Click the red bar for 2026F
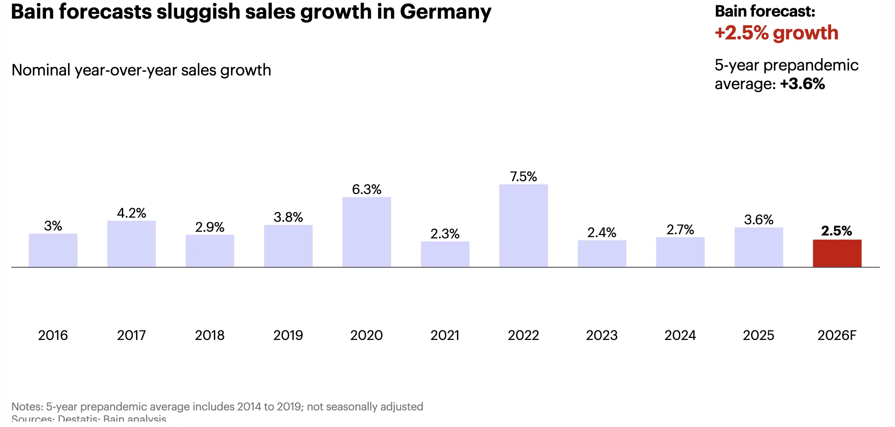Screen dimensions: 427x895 point(837,253)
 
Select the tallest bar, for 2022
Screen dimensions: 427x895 point(523,226)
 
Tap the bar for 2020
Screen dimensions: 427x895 point(367,232)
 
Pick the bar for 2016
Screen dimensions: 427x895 point(53,250)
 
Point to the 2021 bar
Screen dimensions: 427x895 point(445,254)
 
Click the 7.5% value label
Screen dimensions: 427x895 point(523,177)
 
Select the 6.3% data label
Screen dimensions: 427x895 point(367,189)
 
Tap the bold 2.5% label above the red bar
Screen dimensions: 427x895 point(837,231)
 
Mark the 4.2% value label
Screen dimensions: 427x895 point(131,213)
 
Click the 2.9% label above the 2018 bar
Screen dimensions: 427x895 point(210,227)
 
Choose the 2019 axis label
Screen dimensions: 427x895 point(288,335)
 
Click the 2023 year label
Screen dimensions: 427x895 point(602,335)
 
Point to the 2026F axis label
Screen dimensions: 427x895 point(837,335)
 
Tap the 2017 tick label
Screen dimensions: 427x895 point(131,335)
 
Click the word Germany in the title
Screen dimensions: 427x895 point(445,12)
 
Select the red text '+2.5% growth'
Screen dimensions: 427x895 point(776,33)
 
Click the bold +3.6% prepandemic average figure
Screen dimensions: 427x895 point(803,84)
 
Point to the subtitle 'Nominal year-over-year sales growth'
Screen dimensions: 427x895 point(141,70)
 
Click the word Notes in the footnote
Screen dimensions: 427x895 point(27,407)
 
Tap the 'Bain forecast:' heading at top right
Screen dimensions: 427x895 point(765,12)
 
